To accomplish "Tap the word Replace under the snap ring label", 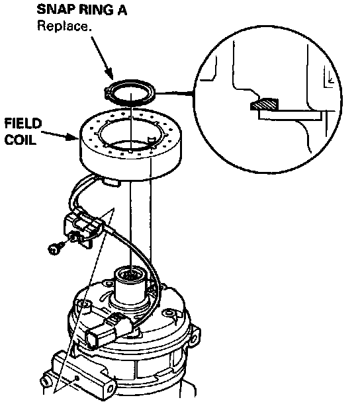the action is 64,26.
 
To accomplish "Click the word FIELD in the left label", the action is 23,124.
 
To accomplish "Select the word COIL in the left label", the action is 21,140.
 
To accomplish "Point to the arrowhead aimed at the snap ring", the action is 109,74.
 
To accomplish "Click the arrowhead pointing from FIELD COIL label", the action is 73,136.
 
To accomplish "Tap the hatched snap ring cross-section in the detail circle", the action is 264,104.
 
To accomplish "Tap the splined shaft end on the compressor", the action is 131,274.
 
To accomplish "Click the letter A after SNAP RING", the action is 122,10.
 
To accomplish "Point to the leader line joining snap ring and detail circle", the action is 174,93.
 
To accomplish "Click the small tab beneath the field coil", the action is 111,182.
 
